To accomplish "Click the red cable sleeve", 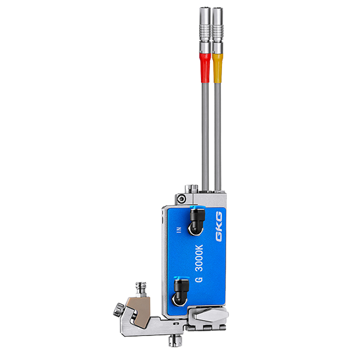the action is (x=205, y=68).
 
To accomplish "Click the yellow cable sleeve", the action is (x=218, y=68).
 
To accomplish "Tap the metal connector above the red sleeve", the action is (x=205, y=30).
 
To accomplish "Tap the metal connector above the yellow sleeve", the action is (x=218, y=30).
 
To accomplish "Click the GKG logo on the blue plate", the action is (x=219, y=226).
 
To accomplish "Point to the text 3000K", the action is (x=199, y=258).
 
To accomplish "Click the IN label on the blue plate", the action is (x=179, y=230).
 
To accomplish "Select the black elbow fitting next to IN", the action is (x=196, y=221).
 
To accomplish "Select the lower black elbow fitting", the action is (x=180, y=292).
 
